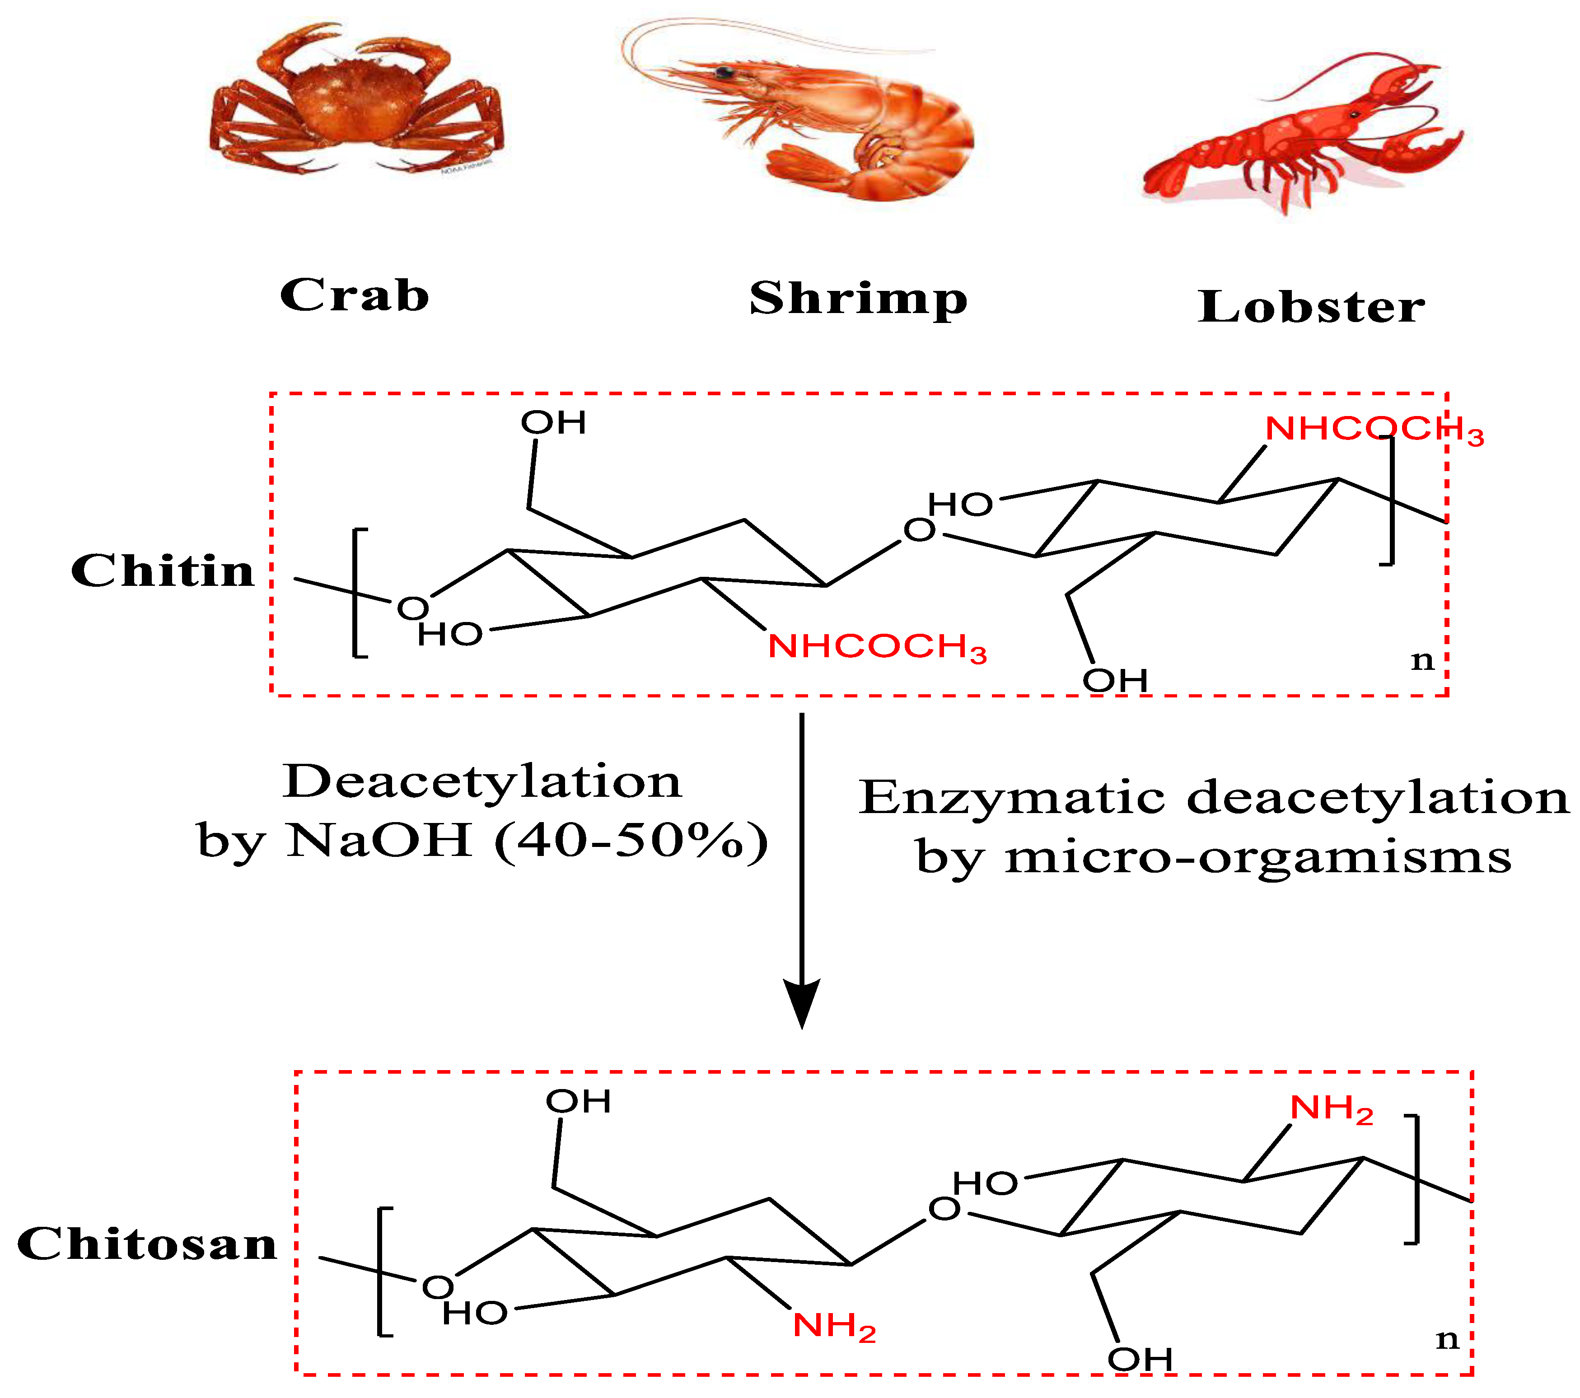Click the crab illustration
pyautogui.click(x=355, y=104)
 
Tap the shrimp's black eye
pyautogui.click(x=725, y=73)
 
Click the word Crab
pyautogui.click(x=354, y=295)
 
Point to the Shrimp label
pyautogui.click(x=858, y=300)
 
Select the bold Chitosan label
pyautogui.click(x=147, y=1244)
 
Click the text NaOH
pyautogui.click(x=379, y=840)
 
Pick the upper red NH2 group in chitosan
pyautogui.click(x=1331, y=1109)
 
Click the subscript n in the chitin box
pyautogui.click(x=1422, y=661)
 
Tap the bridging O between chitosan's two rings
pyautogui.click(x=944, y=1209)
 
